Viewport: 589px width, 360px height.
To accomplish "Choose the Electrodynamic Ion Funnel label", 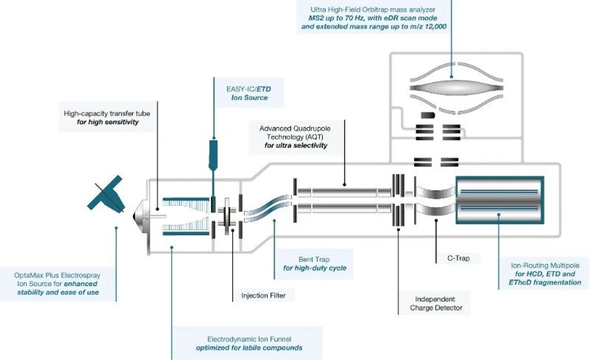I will (x=249, y=343).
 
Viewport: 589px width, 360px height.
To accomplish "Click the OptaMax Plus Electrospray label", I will (x=57, y=284).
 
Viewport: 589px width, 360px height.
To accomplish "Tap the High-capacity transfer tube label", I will (x=107, y=117).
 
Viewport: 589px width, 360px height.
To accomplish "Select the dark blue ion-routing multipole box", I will (x=498, y=196).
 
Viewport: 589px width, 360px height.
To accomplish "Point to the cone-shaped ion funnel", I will (x=185, y=214).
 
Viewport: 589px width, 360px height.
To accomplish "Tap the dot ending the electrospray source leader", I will (x=116, y=228).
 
